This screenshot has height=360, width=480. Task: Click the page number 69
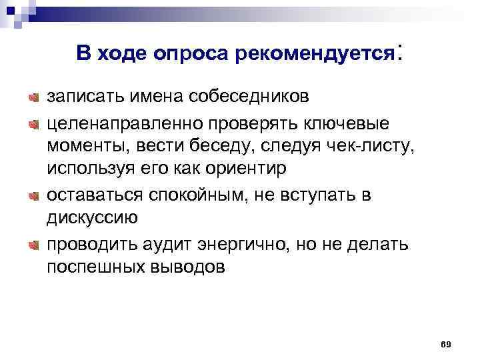(446, 343)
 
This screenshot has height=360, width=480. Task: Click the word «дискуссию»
(92, 217)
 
